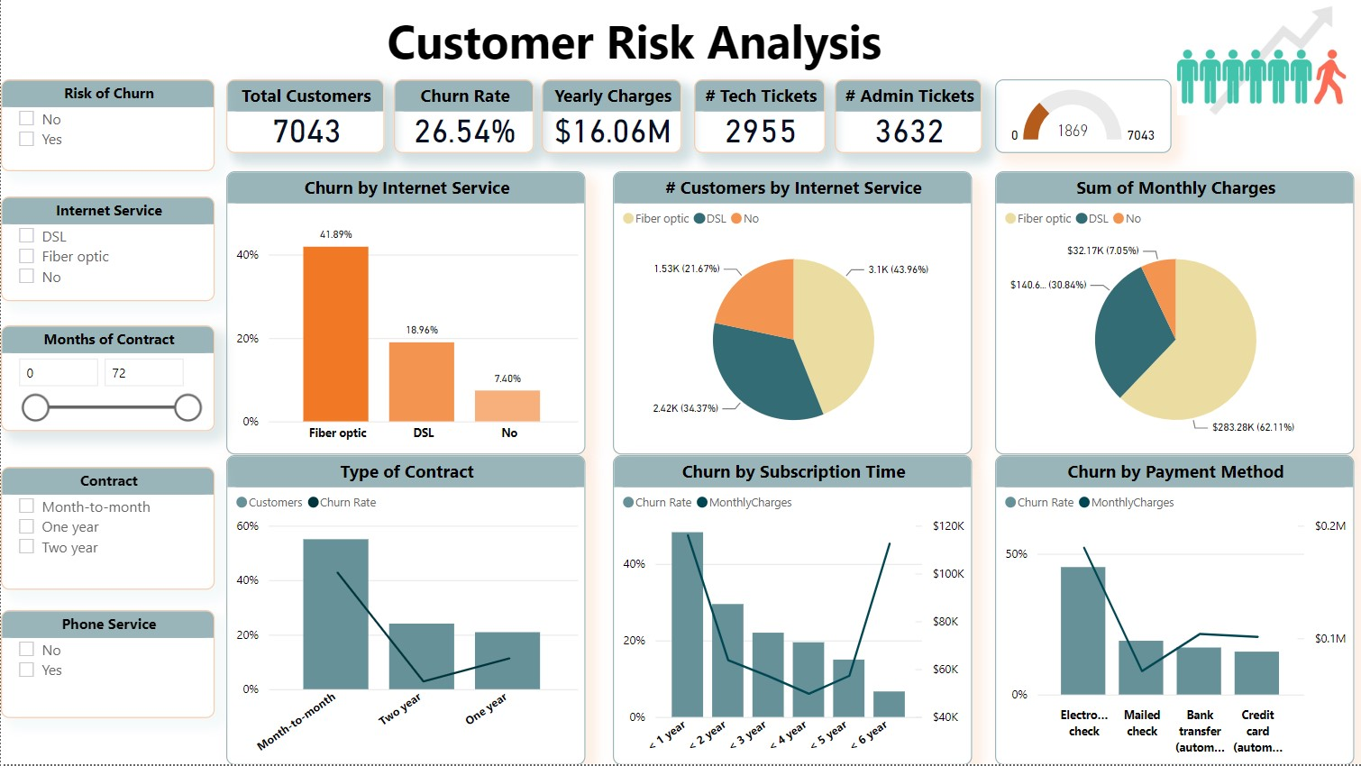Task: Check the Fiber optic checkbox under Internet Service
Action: [x=27, y=256]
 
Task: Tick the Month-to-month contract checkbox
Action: [x=27, y=506]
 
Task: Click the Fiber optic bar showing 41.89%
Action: [x=335, y=333]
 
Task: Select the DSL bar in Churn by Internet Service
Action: [x=421, y=381]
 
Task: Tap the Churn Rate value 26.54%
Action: [x=464, y=132]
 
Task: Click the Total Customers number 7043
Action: [x=306, y=132]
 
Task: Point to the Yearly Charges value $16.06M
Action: [x=613, y=132]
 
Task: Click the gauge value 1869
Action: [x=1072, y=131]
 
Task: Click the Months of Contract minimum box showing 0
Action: [x=58, y=372]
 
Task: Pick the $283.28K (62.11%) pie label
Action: [x=1252, y=427]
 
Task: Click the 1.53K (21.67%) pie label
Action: [x=687, y=269]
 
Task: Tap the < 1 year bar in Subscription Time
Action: [x=687, y=624]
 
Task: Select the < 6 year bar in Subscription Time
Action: [x=889, y=704]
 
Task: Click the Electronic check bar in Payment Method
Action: [x=1082, y=630]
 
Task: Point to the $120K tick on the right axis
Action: [x=948, y=525]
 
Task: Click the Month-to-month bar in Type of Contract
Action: [x=335, y=614]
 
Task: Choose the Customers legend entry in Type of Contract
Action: [x=269, y=502]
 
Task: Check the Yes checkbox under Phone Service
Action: [x=27, y=670]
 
